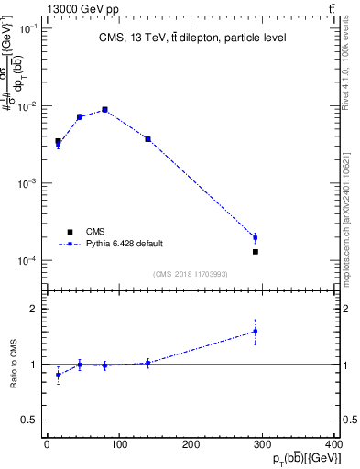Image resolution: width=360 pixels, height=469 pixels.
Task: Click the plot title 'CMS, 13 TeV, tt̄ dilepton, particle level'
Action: pyautogui.click(x=191, y=38)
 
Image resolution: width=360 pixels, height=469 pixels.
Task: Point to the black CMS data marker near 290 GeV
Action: pyautogui.click(x=256, y=251)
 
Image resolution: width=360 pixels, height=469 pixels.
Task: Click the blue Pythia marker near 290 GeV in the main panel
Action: pyautogui.click(x=256, y=238)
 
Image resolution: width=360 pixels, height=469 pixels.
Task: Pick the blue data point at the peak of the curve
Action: pyautogui.click(x=105, y=110)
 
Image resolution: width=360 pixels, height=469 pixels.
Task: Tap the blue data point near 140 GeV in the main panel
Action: pyautogui.click(x=147, y=139)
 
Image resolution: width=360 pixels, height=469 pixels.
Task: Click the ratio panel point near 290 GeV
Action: pyautogui.click(x=256, y=332)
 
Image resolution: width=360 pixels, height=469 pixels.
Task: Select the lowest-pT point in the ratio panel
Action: pyautogui.click(x=58, y=375)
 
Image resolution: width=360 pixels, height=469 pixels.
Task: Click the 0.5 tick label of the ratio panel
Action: pyautogui.click(x=31, y=420)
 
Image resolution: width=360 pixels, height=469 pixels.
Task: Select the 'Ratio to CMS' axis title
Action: pyautogui.click(x=14, y=364)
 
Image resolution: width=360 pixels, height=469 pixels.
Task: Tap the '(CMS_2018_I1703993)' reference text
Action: pyautogui.click(x=191, y=274)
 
